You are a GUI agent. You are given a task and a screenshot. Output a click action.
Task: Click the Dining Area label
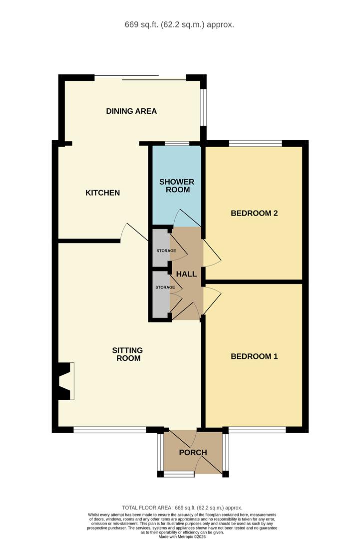[131, 111]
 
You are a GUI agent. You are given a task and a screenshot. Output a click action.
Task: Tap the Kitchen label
[102, 193]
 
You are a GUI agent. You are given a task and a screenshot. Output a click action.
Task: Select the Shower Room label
[177, 186]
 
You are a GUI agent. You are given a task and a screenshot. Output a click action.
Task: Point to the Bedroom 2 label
[254, 213]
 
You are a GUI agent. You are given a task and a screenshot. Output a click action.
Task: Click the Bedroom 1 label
[254, 356]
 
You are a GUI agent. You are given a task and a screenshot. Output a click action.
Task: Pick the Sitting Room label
[127, 354]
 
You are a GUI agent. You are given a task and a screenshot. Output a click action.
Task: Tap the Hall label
[186, 274]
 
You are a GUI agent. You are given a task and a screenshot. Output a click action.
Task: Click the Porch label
[193, 452]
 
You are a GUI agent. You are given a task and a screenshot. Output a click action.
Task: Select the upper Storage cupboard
[161, 248]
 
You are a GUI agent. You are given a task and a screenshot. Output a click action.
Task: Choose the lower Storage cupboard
[161, 294]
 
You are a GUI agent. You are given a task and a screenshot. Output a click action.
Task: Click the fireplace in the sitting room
[65, 381]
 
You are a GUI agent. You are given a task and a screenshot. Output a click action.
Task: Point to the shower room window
[177, 143]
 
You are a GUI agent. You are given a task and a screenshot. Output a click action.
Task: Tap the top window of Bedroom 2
[256, 143]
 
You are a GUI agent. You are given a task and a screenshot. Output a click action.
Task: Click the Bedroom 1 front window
[257, 429]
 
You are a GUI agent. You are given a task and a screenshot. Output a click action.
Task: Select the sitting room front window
[110, 429]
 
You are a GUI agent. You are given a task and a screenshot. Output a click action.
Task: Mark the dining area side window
[204, 107]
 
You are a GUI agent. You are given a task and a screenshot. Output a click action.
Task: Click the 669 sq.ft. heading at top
[179, 25]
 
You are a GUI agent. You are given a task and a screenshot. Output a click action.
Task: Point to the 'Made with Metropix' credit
[182, 536]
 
